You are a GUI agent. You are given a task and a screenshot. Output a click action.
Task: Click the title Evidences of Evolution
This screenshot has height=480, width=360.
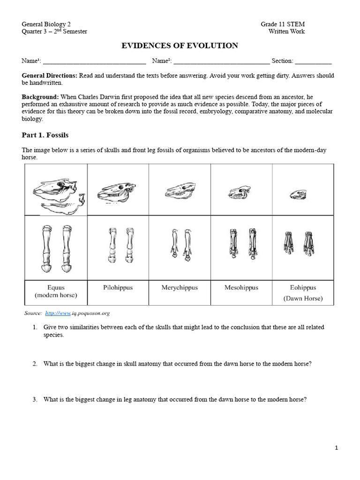(x=180, y=45)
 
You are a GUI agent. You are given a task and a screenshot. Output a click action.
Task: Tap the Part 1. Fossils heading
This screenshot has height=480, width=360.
(x=45, y=135)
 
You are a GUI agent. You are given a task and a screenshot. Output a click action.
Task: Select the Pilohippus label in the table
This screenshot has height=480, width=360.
(x=118, y=287)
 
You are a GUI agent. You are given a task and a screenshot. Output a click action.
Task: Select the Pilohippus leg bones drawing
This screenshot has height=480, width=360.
(x=118, y=246)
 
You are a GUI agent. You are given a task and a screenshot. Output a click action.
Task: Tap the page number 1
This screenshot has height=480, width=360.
(x=336, y=448)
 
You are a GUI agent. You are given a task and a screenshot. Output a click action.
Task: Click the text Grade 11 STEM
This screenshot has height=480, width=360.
(x=283, y=24)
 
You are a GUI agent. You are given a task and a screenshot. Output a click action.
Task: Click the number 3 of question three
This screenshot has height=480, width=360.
(x=35, y=400)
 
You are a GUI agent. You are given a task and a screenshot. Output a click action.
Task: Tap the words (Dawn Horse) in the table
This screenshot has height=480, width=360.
(x=303, y=298)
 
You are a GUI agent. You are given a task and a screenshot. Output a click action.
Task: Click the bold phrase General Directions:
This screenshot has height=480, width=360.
(x=50, y=75)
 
